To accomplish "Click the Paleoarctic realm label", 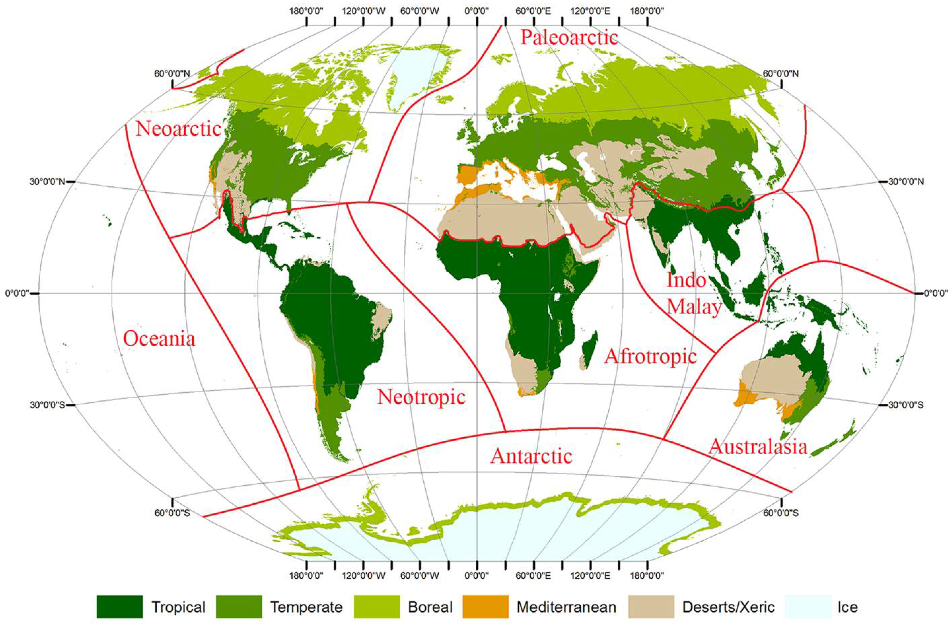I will (x=569, y=38).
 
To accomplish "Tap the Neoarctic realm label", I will (x=178, y=129).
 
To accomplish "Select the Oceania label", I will (x=159, y=339).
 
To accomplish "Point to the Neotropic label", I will (x=421, y=397).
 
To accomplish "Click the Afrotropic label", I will (x=650, y=356).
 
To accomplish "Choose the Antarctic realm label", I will (x=531, y=456).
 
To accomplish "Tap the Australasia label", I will (x=758, y=447).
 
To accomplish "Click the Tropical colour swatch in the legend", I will (x=120, y=607).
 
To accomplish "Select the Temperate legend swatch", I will (x=239, y=607).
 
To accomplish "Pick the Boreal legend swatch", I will (x=377, y=607).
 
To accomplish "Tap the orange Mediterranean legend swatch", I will (x=485, y=607).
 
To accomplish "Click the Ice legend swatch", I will (x=808, y=607).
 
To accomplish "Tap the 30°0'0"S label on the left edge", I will (x=47, y=405).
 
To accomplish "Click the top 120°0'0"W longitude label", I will (x=364, y=11).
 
